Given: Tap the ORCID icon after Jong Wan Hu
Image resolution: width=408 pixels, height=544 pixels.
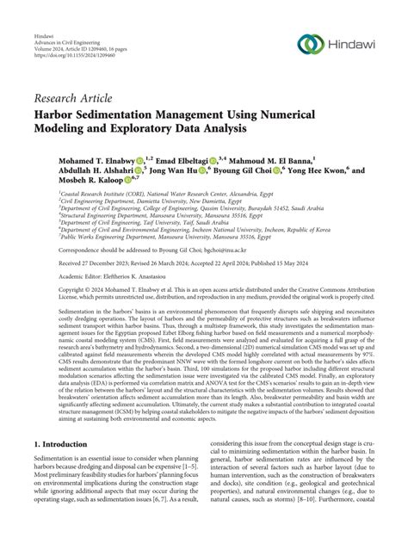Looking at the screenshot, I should pos(202,171).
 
